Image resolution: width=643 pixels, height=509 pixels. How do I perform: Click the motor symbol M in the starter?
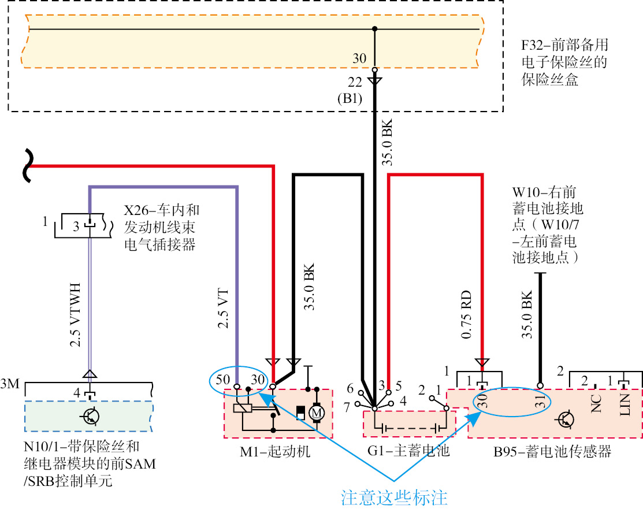click(x=316, y=413)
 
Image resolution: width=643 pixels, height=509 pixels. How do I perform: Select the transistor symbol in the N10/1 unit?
click(x=89, y=415)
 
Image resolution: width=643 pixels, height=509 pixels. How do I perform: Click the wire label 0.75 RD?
click(x=467, y=315)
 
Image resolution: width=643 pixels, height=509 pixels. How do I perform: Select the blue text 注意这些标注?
click(x=394, y=497)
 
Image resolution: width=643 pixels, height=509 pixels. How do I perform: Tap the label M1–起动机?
click(x=275, y=452)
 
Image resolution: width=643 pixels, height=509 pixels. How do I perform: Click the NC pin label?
click(x=595, y=402)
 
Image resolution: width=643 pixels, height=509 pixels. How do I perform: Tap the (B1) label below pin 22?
click(x=350, y=98)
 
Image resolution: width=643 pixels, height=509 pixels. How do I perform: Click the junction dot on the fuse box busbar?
click(x=374, y=28)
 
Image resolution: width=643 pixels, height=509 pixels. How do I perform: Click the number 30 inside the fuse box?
click(x=359, y=58)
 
